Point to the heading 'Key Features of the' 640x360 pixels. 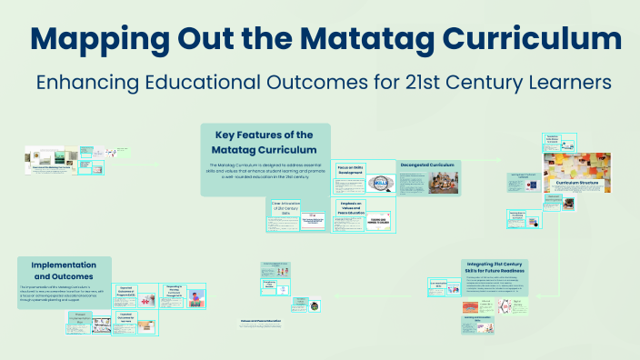click(264, 135)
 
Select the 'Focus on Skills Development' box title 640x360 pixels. click(351, 170)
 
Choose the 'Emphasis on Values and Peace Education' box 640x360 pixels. click(350, 208)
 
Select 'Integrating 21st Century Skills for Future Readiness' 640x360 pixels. click(489, 267)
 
